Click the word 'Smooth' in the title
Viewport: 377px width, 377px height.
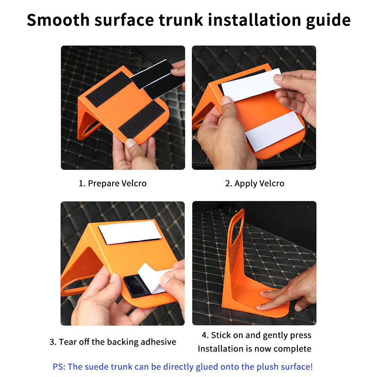click(58, 20)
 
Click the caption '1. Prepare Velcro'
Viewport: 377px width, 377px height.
click(113, 183)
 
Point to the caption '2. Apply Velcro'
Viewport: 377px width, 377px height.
click(254, 184)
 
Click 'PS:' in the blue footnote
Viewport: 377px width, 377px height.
click(59, 367)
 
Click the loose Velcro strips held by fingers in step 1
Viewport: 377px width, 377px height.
click(157, 79)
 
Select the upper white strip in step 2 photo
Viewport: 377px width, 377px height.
click(251, 84)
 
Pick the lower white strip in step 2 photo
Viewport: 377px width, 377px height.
click(274, 131)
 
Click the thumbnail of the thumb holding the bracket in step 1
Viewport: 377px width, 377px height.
click(130, 143)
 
